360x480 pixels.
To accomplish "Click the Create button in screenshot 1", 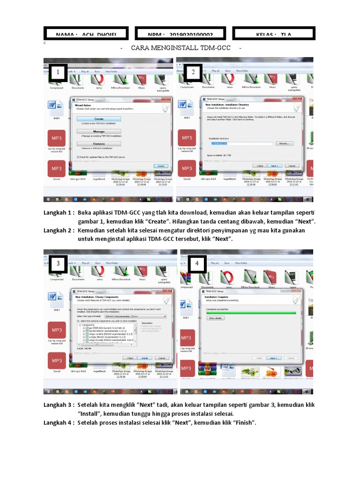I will coord(98,119).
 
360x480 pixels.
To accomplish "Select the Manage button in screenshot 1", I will coord(98,132).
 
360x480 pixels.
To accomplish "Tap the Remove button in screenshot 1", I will coord(98,144).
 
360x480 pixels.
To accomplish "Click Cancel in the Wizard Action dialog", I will coord(160,166).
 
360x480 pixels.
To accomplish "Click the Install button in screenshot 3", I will coord(144,358).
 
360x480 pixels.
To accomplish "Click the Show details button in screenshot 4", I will coord(215,318).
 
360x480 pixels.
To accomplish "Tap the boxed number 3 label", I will coord(58,263).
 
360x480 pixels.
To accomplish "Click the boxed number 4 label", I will coord(197,263).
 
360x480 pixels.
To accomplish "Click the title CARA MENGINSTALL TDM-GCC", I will coord(181,48).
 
